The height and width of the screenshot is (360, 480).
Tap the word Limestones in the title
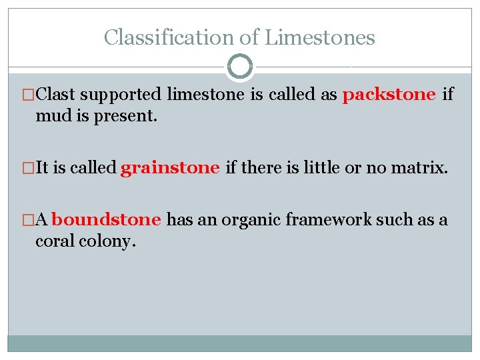[x=320, y=37]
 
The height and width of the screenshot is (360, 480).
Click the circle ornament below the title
[x=240, y=67]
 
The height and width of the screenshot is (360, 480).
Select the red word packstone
[x=389, y=95]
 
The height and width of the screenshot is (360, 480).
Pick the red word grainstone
[x=170, y=167]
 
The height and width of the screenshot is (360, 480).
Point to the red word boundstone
[x=106, y=220]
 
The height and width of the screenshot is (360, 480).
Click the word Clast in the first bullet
[x=56, y=95]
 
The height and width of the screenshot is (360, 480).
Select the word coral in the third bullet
[x=55, y=241]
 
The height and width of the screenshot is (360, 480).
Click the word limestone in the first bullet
[x=206, y=95]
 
